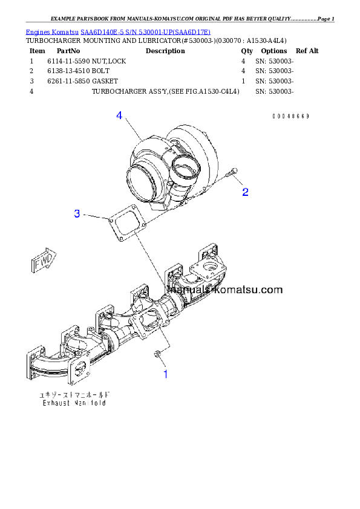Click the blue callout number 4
(120, 115)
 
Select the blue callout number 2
(245, 192)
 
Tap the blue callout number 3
(77, 213)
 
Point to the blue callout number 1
(165, 374)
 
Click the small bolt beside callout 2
(231, 173)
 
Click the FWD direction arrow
(42, 261)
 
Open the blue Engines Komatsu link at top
(118, 31)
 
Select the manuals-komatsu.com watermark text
(224, 290)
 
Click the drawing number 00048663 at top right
(290, 115)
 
